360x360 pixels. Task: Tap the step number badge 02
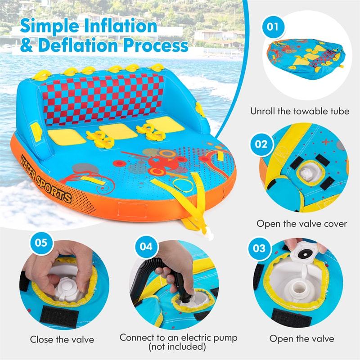coord(262,145)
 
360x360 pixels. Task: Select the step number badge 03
coord(262,248)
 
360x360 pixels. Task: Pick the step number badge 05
coord(41,243)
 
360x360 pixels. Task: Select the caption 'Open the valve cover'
coord(301,224)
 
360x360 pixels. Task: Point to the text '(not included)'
coord(178,346)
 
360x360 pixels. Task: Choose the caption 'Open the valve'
coord(302,338)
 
